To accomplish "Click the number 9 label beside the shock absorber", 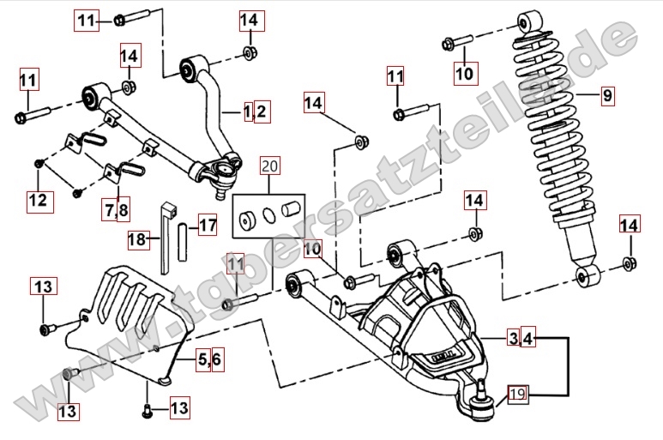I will tap(607, 96).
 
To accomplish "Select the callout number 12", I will tap(38, 201).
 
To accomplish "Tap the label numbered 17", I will tap(208, 226).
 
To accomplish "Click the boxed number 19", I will tap(516, 394).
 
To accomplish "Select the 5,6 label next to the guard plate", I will tap(210, 359).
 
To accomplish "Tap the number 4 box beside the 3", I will tap(527, 339).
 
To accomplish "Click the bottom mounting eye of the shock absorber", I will tap(588, 276).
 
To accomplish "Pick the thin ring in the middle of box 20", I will tap(269, 213).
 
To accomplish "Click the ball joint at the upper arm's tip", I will tap(228, 172).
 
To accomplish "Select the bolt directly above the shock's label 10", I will tap(455, 41).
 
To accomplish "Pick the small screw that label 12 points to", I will tap(39, 162).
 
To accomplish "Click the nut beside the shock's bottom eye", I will tap(629, 263).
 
